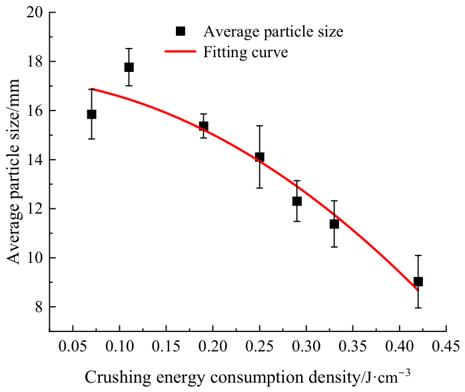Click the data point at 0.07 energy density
click(x=92, y=114)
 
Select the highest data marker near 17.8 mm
click(x=129, y=67)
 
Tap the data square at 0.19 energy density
click(x=203, y=126)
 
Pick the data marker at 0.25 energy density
click(x=260, y=157)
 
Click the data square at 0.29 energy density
click(x=297, y=201)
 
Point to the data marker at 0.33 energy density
click(x=334, y=224)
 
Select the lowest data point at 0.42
click(x=418, y=282)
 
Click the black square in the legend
click(x=181, y=31)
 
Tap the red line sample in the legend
click(x=181, y=51)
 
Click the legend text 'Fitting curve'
click(x=246, y=52)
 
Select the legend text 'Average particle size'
click(x=273, y=31)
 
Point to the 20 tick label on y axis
click(x=35, y=13)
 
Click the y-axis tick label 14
click(x=35, y=160)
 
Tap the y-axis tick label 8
click(x=39, y=307)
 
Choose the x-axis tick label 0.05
click(x=73, y=346)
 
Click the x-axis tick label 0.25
click(x=260, y=346)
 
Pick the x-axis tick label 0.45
click(x=446, y=346)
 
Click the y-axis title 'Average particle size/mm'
click(x=13, y=172)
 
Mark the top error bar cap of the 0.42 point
click(x=418, y=256)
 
